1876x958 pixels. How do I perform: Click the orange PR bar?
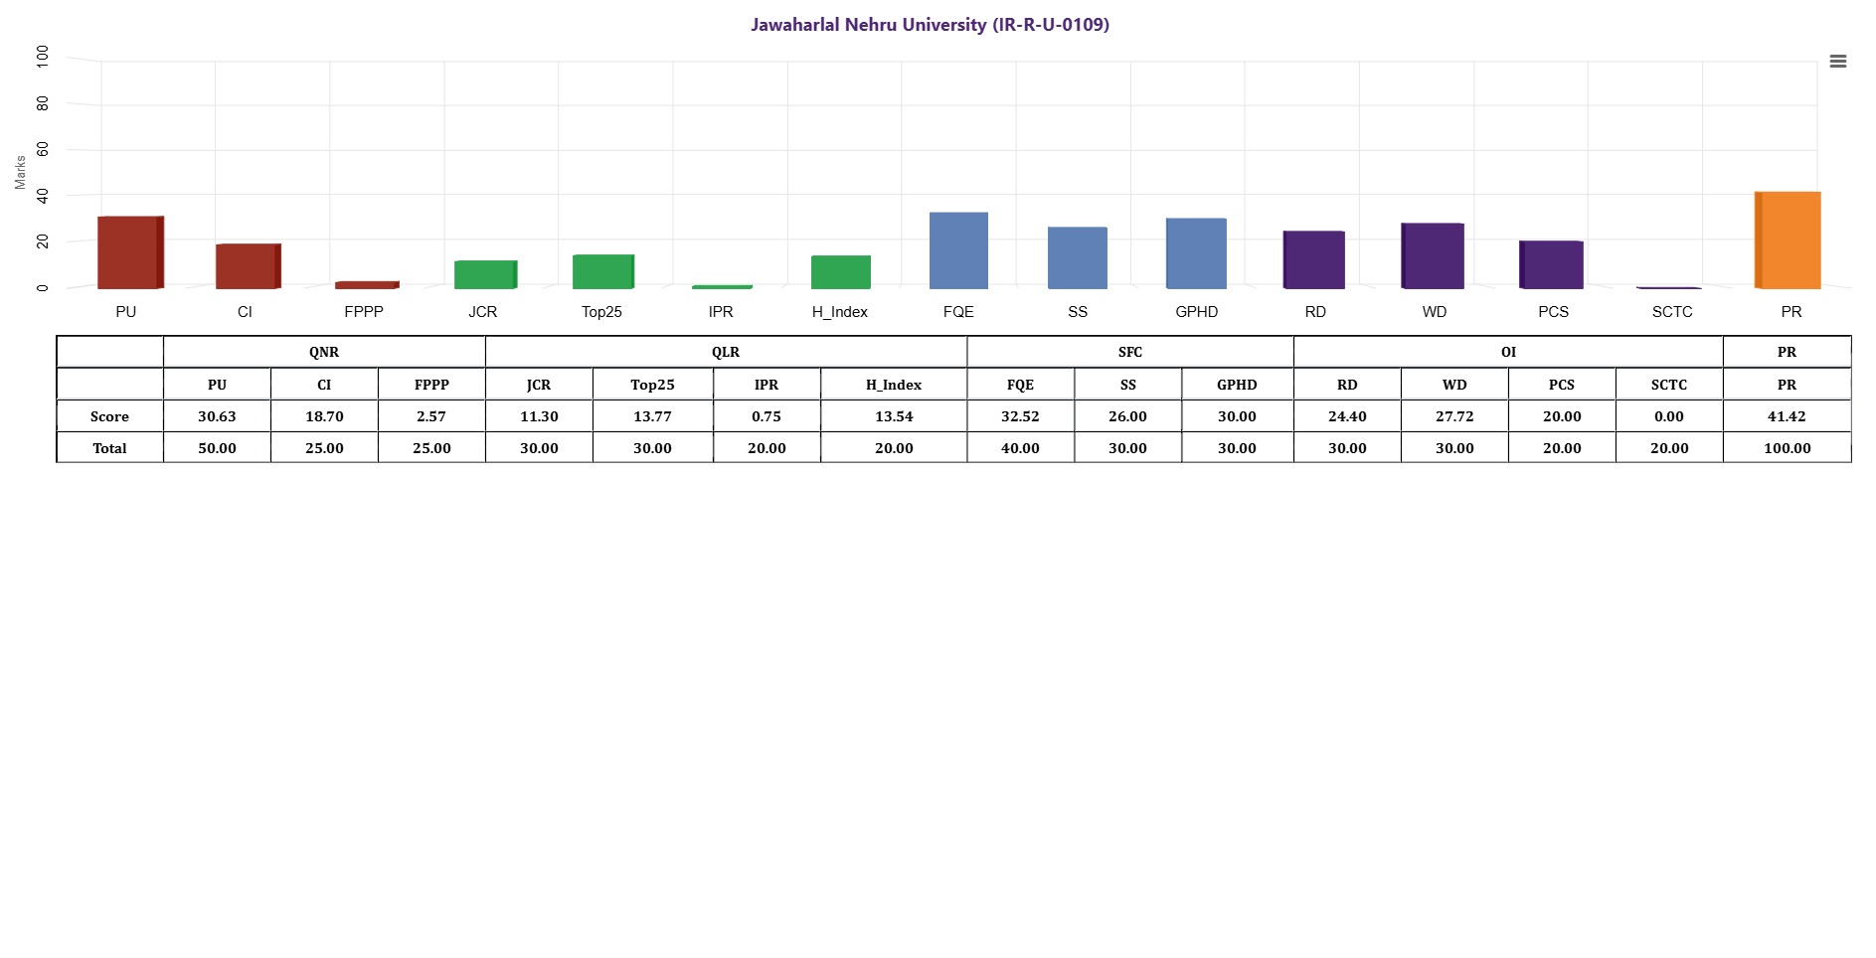[1789, 240]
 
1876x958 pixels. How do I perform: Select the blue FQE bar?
[958, 250]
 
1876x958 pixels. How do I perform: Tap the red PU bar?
[128, 252]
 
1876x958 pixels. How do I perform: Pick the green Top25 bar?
[602, 271]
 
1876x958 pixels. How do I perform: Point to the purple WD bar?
[1433, 256]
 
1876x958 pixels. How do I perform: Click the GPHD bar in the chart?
[1196, 253]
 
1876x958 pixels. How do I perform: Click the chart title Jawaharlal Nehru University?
[930, 25]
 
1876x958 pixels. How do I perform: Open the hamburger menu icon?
[1838, 62]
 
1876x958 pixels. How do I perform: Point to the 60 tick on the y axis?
[42, 150]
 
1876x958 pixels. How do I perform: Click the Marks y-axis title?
[20, 172]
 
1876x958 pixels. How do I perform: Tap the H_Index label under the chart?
[839, 312]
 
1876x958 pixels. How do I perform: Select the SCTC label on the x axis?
[1672, 312]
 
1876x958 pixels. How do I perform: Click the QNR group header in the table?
[324, 352]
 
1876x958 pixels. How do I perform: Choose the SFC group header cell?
[1130, 352]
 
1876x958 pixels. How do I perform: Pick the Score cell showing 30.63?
[217, 416]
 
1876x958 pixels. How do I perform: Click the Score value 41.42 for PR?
[1787, 416]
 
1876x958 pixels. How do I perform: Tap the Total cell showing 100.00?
[1787, 448]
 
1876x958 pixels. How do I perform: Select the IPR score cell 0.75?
[767, 416]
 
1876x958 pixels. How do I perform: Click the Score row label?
[109, 416]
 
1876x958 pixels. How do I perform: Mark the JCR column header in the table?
[539, 385]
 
